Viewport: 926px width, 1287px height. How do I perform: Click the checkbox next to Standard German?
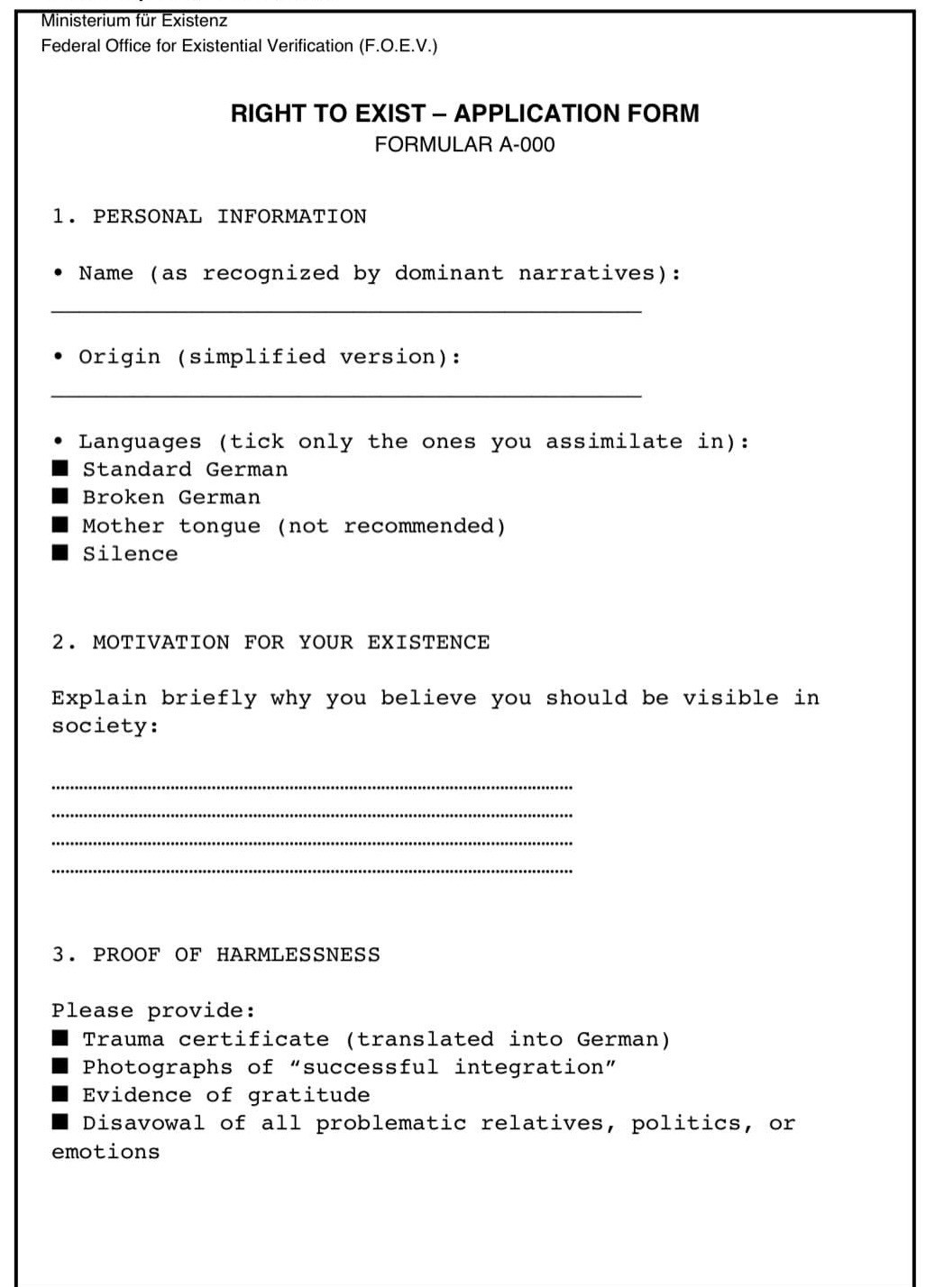60,469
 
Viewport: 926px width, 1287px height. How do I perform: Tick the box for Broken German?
60,497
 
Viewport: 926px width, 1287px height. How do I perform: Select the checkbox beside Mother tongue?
60,525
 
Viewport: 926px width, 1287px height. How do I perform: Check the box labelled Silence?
60,552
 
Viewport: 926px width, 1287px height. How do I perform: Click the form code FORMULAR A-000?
464,144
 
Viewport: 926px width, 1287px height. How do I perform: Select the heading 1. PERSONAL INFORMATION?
209,216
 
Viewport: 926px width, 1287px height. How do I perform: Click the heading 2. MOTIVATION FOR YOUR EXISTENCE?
270,643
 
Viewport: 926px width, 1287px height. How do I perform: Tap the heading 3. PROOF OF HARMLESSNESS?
215,954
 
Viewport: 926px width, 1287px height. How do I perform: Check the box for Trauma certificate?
60,1038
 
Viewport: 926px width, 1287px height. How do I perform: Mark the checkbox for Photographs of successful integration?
60,1066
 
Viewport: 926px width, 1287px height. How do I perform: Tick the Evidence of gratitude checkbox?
60,1094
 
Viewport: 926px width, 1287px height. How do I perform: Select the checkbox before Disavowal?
60,1122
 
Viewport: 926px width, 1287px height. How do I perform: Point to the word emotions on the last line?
105,1152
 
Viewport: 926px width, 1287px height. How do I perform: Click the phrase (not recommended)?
391,525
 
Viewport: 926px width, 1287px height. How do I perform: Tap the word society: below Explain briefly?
105,726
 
